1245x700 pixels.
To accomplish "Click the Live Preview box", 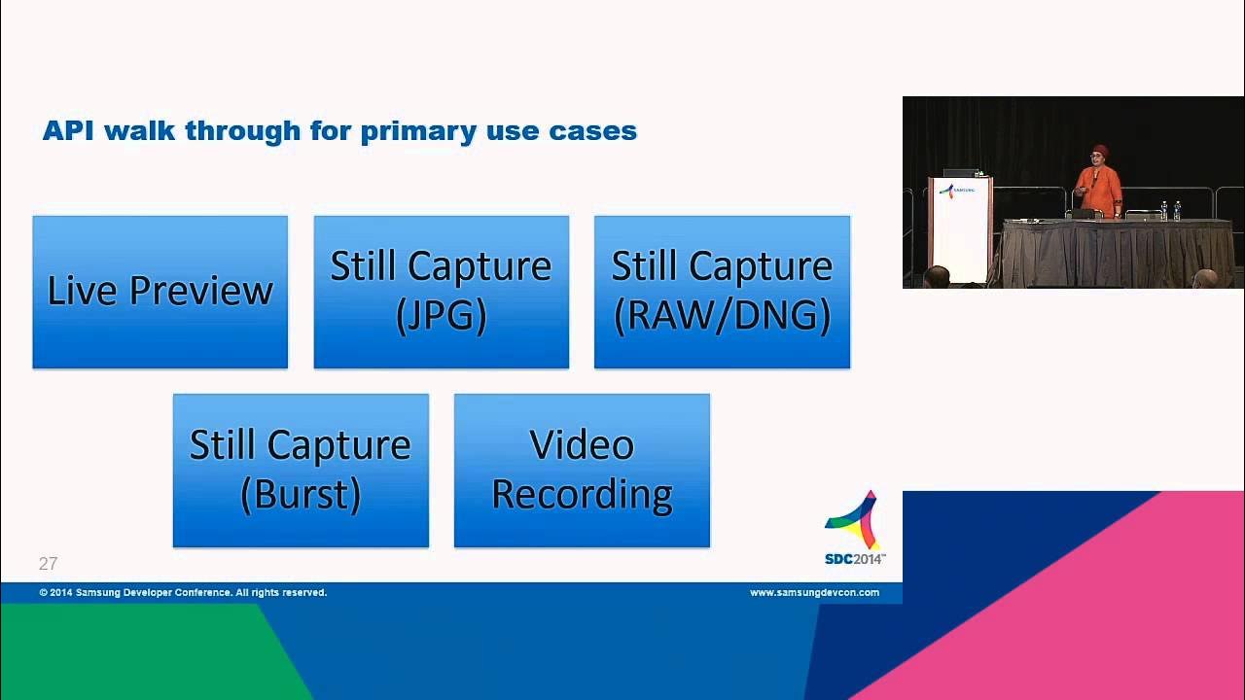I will click(160, 292).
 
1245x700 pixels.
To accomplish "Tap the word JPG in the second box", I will click(441, 316).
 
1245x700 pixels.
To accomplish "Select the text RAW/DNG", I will click(722, 316).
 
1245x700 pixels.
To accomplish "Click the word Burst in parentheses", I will click(301, 495).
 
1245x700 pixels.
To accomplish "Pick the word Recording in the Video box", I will click(582, 495).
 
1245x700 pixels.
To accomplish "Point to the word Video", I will click(582, 445).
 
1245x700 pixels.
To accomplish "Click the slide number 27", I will click(48, 564).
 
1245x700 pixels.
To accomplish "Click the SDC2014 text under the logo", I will click(854, 559).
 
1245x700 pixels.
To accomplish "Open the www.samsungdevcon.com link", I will click(814, 592).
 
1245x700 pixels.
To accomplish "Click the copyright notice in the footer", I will click(183, 592).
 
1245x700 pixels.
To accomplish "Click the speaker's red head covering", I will click(1100, 151).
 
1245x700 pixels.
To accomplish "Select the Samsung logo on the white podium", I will click(958, 191).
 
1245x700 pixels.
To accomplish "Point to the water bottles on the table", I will click(1170, 210).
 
